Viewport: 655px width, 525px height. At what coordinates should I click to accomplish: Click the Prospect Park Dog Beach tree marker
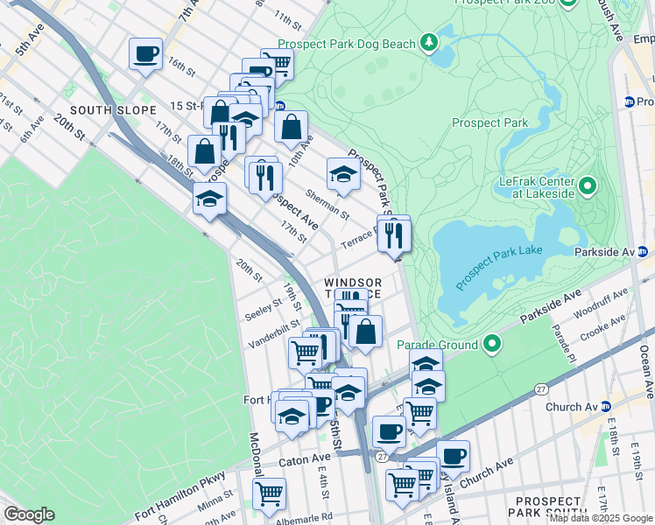click(x=428, y=42)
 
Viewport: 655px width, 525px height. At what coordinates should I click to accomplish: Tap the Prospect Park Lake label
click(x=498, y=256)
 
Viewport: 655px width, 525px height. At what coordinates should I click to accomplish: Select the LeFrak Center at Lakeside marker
click(x=588, y=185)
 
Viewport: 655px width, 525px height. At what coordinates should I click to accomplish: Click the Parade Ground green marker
click(x=492, y=345)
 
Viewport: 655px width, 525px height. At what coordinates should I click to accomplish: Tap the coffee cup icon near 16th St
click(x=145, y=54)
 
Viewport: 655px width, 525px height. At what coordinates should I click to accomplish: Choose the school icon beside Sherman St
click(x=343, y=174)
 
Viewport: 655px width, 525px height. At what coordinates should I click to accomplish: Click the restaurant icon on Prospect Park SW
click(x=394, y=234)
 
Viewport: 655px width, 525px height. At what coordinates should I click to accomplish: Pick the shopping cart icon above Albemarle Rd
click(x=269, y=493)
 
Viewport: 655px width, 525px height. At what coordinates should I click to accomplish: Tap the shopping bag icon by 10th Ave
click(x=291, y=127)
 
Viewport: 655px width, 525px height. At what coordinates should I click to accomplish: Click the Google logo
click(x=29, y=514)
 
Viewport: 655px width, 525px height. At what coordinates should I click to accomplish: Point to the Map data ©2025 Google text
click(x=601, y=518)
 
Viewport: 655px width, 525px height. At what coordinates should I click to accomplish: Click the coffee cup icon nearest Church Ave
click(x=453, y=456)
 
